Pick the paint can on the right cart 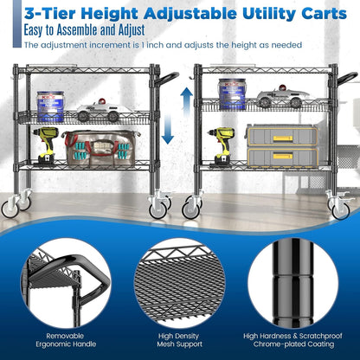click(x=228, y=90)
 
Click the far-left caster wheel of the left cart click(x=16, y=204)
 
